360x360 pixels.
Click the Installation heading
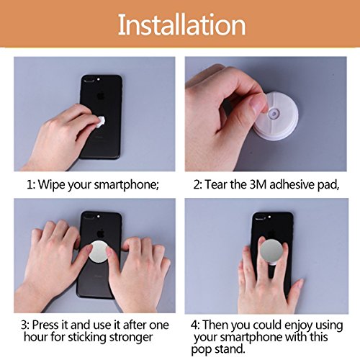181,24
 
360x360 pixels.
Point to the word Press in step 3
45,325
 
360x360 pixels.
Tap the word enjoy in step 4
298,325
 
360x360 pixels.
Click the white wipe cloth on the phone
100,121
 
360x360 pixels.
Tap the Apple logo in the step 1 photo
101,96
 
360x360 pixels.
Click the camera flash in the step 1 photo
99,79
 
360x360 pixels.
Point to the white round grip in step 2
276,116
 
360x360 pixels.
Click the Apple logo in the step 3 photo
101,233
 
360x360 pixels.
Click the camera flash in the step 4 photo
269,217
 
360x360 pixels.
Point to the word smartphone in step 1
125,185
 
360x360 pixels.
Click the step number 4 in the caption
194,325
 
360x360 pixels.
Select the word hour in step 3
35,337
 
